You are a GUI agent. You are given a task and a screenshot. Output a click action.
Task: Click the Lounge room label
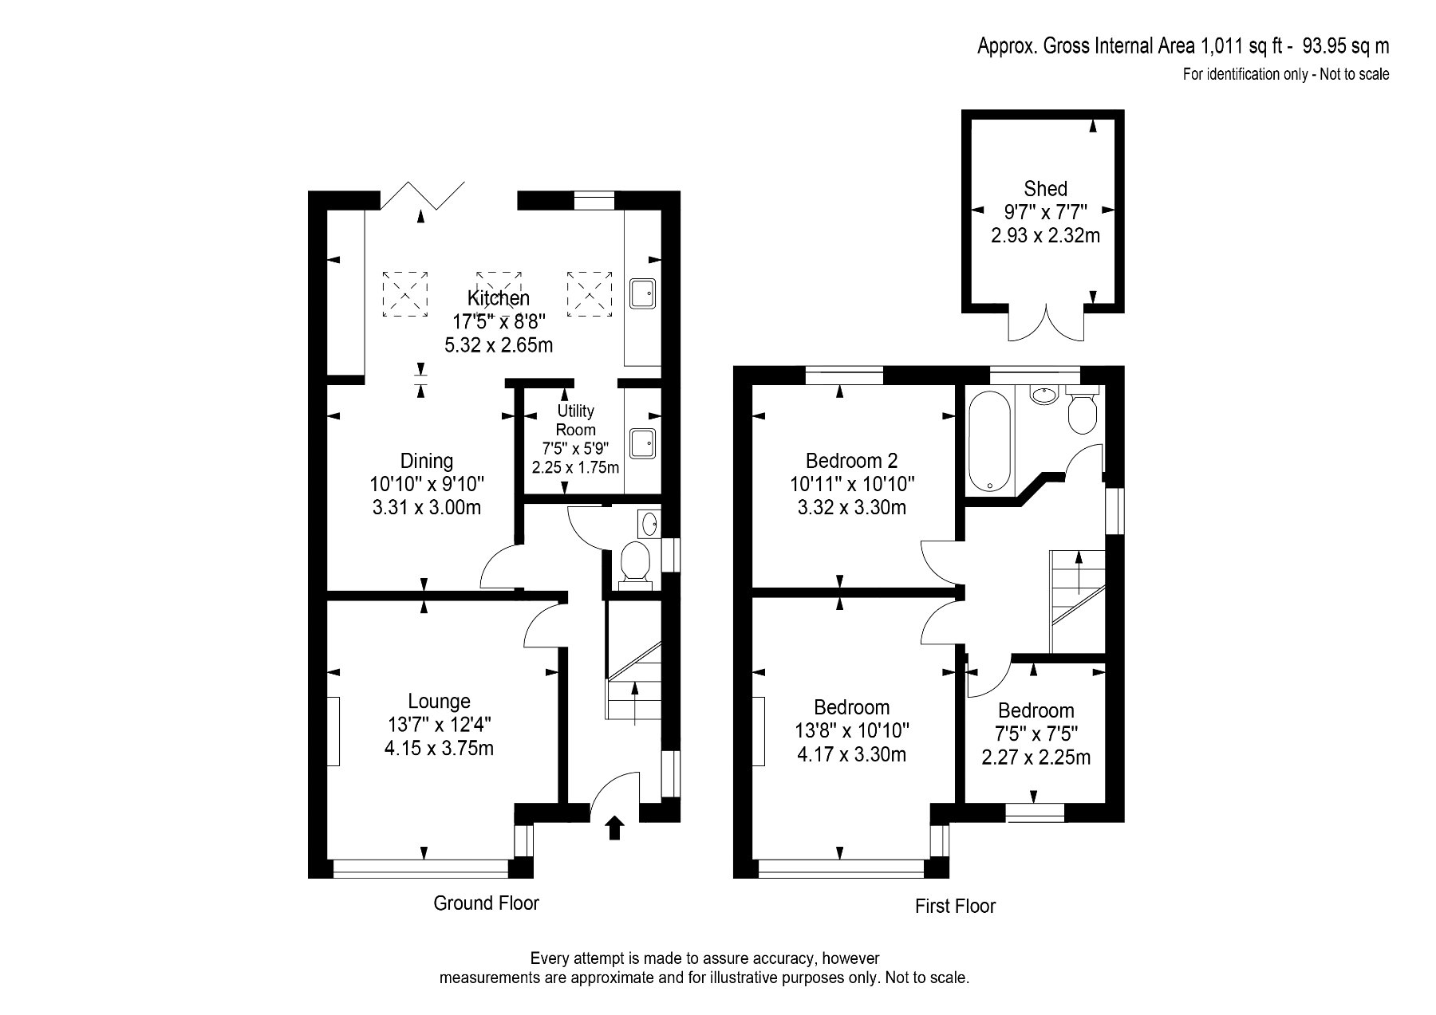[439, 701]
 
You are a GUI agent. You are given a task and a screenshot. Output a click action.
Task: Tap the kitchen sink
[643, 293]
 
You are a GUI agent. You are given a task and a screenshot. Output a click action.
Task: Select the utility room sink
[643, 443]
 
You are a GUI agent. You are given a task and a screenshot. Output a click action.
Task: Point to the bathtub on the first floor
[989, 446]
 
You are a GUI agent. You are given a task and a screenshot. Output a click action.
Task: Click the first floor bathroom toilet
[1083, 409]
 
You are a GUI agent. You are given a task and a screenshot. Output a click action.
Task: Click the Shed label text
[1045, 189]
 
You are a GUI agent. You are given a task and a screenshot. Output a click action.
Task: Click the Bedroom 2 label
[851, 460]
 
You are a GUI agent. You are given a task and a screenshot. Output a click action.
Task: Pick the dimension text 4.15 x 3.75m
[439, 749]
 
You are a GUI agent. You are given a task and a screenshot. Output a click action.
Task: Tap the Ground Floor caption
[486, 903]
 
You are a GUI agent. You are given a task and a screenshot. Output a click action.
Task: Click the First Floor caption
[955, 906]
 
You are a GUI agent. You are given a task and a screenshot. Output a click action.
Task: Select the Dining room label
[427, 461]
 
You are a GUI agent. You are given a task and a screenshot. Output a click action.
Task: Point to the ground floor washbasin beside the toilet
[648, 524]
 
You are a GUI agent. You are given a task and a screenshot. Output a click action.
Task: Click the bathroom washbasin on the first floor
[1042, 394]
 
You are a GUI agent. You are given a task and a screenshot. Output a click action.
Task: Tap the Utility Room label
[576, 420]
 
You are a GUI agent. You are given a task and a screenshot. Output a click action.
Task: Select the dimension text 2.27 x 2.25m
[1036, 757]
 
